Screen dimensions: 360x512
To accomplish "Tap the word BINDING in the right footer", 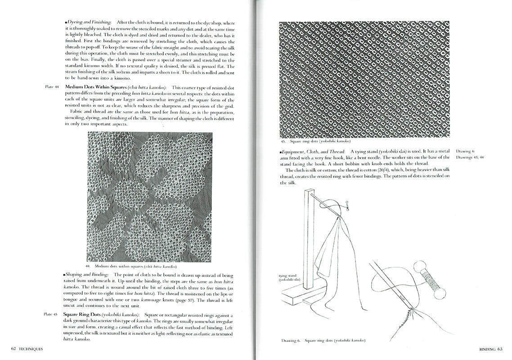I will click(x=485, y=349).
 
